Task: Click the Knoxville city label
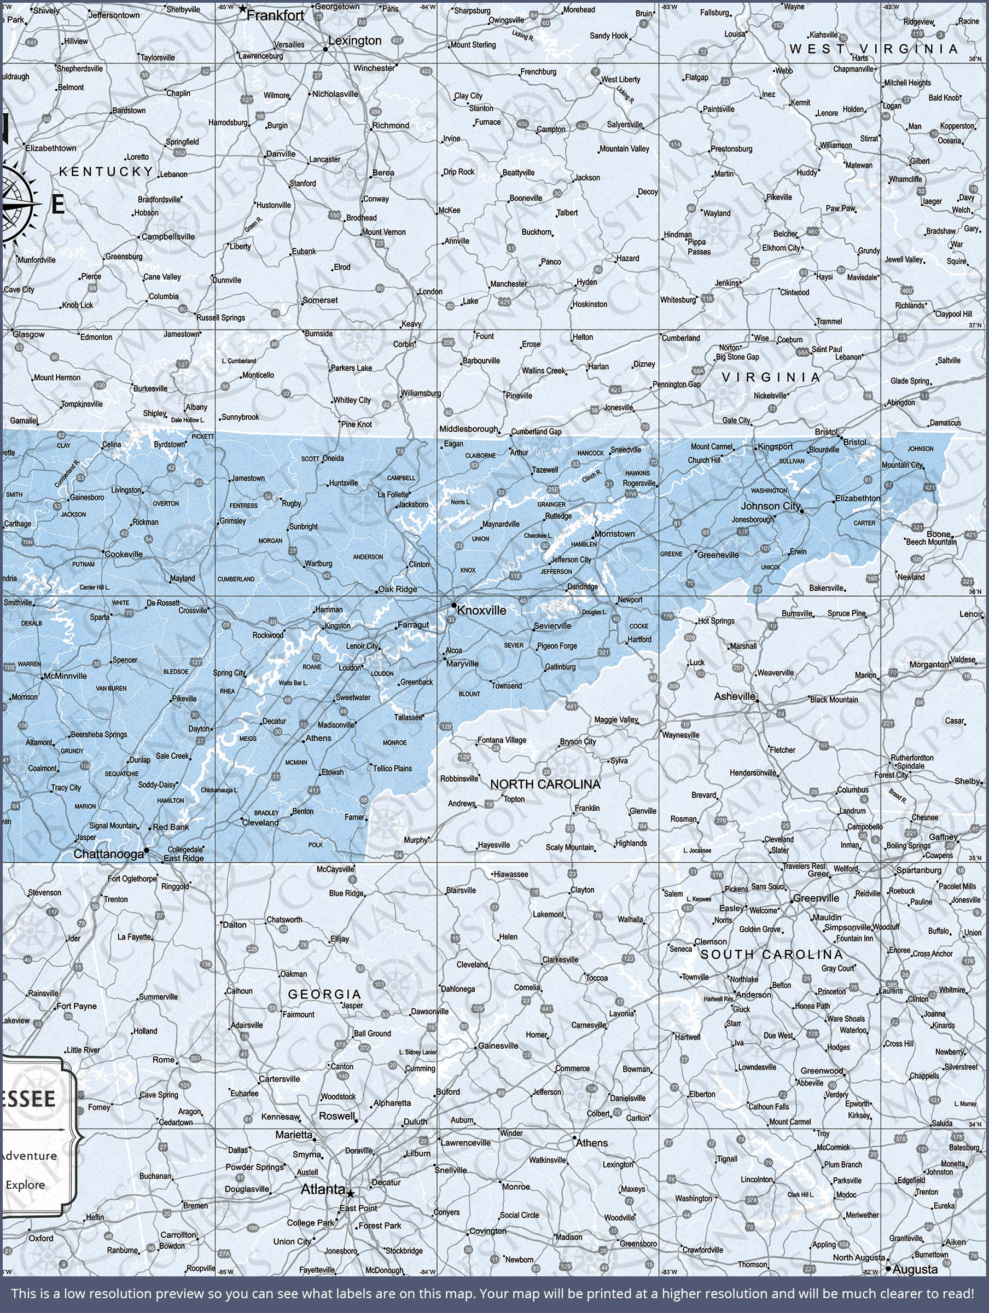coord(481,610)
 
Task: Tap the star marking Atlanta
coord(350,1194)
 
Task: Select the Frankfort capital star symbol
coord(242,9)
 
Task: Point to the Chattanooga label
coord(109,853)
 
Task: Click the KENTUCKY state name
coord(106,172)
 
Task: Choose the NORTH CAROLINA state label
coord(545,784)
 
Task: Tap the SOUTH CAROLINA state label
coord(771,955)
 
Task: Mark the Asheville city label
coord(734,696)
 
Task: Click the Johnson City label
coord(771,506)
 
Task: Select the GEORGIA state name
coord(324,994)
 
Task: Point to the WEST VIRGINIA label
coord(874,49)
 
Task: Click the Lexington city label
coord(354,40)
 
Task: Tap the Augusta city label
coord(915,1270)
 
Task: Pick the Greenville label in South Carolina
coord(816,898)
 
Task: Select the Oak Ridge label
coord(398,589)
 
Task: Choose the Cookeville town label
coord(124,554)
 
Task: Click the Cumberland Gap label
coord(536,432)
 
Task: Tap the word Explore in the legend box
coord(25,1185)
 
